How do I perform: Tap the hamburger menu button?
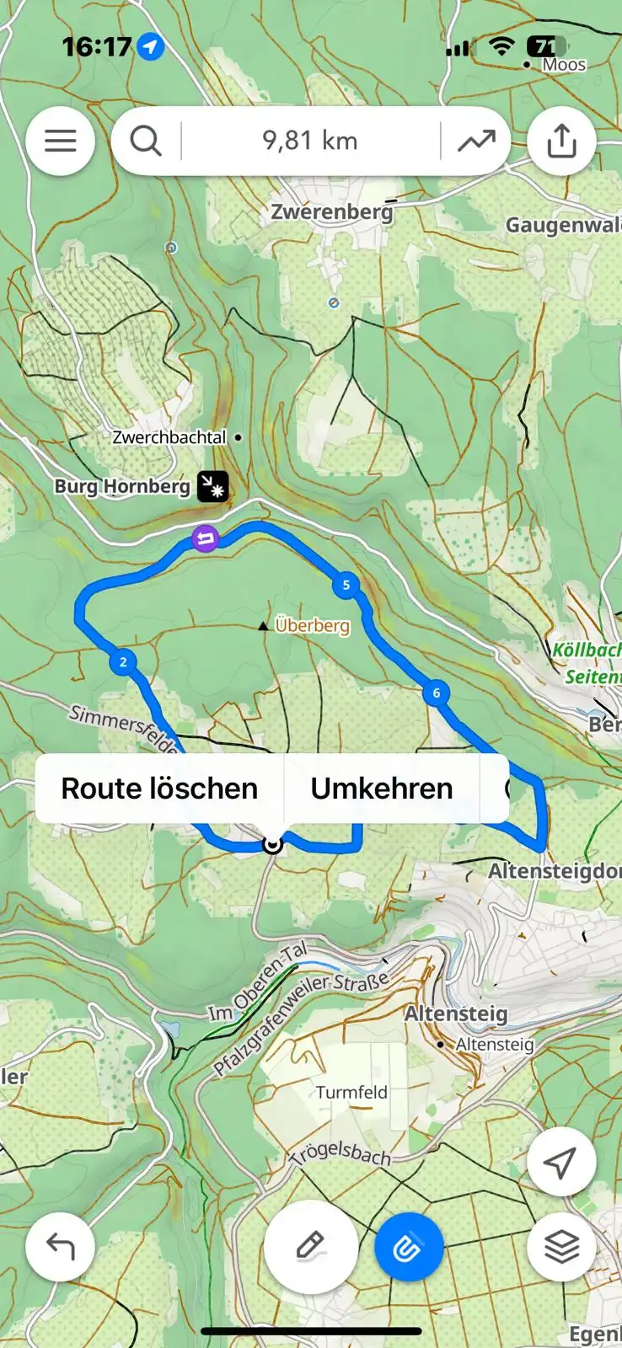click(x=60, y=141)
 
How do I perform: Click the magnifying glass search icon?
click(x=146, y=141)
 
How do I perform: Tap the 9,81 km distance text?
click(x=310, y=141)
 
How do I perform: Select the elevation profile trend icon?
click(x=476, y=141)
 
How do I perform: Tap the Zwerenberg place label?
click(x=331, y=211)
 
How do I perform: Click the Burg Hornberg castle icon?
click(x=212, y=486)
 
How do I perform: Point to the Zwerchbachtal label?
click(x=169, y=437)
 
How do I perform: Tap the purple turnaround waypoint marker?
click(x=206, y=538)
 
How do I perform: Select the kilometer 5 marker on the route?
click(x=346, y=585)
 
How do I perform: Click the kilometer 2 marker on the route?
click(x=123, y=662)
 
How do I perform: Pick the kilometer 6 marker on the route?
click(x=436, y=693)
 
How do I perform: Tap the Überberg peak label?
click(x=312, y=625)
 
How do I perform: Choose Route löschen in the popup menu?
click(x=159, y=789)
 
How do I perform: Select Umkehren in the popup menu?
click(x=381, y=789)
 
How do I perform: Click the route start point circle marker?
click(x=272, y=843)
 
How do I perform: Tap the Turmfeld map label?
click(x=351, y=1092)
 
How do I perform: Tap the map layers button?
click(x=561, y=1247)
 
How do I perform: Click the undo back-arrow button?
click(x=60, y=1247)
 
